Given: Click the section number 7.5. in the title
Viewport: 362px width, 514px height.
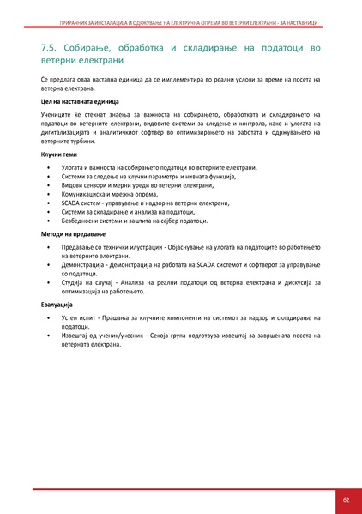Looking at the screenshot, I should tap(50, 49).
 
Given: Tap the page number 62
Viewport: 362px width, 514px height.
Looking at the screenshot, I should tap(346, 499).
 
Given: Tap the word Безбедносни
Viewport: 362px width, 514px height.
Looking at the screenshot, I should tap(81, 221).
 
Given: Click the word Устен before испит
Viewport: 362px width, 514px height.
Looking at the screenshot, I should tap(72, 317).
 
